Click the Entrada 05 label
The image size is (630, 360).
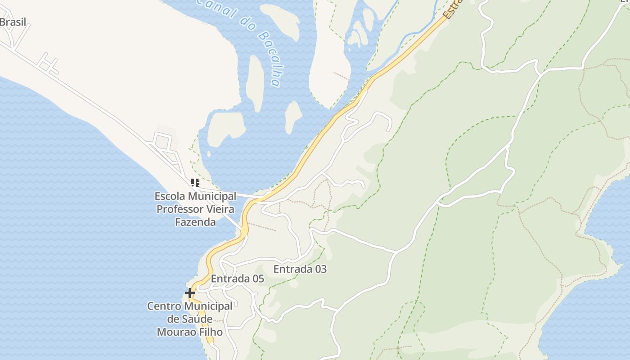pyautogui.click(x=237, y=279)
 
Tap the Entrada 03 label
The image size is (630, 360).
pyautogui.click(x=300, y=269)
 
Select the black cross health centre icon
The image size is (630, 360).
pyautogui.click(x=190, y=293)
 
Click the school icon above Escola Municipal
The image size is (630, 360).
pyautogui.click(x=195, y=183)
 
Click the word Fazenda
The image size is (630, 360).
pyautogui.click(x=195, y=222)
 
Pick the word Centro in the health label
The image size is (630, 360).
pyautogui.click(x=165, y=306)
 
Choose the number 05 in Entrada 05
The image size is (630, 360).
pyautogui.click(x=258, y=279)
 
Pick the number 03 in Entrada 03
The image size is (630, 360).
pyautogui.click(x=320, y=269)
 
